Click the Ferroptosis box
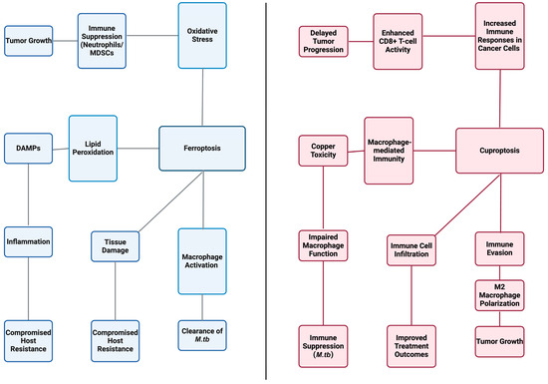click(x=202, y=149)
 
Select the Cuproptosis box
click(x=499, y=151)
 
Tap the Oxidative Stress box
click(x=202, y=35)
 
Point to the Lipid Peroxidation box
click(x=93, y=149)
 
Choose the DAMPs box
click(x=28, y=149)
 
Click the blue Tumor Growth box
click(x=28, y=41)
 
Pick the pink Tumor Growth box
click(x=499, y=342)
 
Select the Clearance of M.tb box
click(x=202, y=335)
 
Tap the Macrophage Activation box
click(x=202, y=261)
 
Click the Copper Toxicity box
click(x=323, y=151)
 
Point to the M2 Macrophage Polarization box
click(x=499, y=295)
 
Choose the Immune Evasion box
click(x=499, y=248)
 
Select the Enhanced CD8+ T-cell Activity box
click(x=398, y=41)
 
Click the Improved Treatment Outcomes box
click(x=411, y=346)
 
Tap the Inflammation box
click(x=28, y=241)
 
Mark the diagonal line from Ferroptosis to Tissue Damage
click(x=171, y=201)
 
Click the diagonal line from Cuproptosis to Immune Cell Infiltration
click(x=467, y=204)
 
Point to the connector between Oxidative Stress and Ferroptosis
click(x=202, y=97)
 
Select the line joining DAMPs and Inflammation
click(x=28, y=194)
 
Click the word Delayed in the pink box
click(x=323, y=33)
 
